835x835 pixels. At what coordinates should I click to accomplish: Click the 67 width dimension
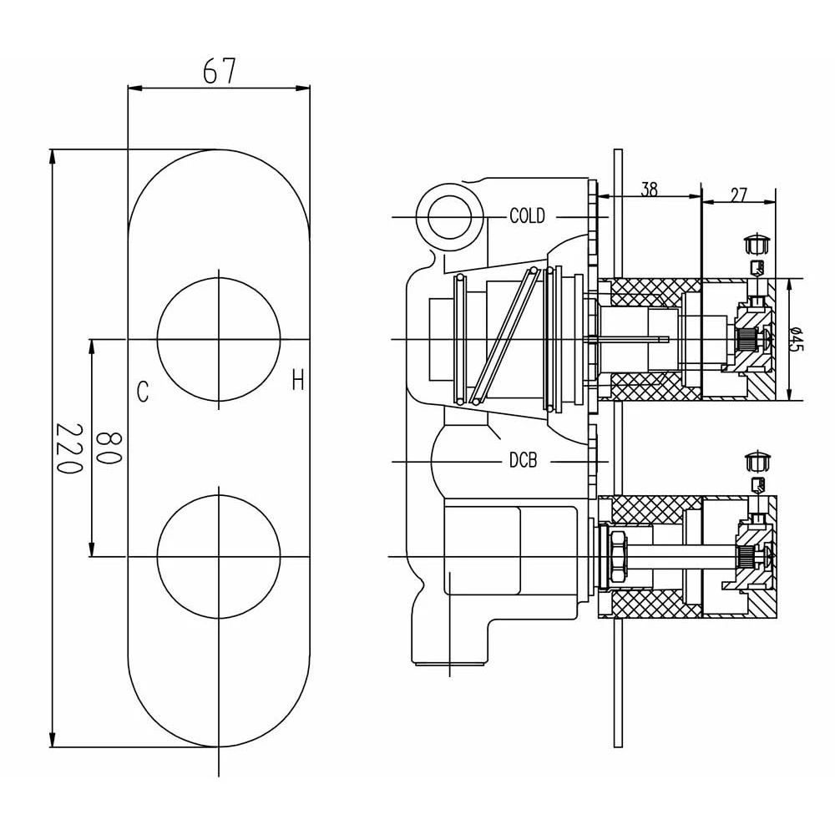pos(220,71)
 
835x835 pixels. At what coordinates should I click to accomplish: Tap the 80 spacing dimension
pos(109,448)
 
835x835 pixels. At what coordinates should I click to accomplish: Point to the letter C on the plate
pos(143,391)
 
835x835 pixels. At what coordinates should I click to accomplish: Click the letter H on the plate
pos(298,382)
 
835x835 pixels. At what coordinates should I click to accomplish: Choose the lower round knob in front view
pos(219,556)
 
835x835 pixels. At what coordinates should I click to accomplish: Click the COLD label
pos(527,217)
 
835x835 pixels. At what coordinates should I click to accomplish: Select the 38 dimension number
pos(649,190)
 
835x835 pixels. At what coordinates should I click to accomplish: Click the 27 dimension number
pos(738,195)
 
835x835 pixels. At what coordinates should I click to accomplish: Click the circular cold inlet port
pos(450,217)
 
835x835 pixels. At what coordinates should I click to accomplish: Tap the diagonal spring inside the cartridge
pos(504,337)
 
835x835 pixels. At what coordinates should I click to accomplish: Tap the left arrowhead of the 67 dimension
pos(133,86)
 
